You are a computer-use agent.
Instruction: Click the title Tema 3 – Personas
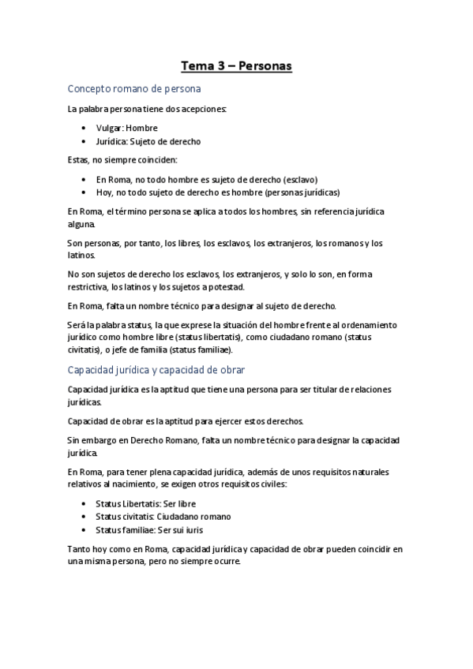236,66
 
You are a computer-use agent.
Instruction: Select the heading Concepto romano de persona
134,88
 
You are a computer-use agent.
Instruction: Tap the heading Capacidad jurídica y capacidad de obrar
168,369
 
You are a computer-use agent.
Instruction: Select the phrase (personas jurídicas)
303,192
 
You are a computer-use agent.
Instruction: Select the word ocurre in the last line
223,562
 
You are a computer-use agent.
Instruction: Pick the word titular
315,389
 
